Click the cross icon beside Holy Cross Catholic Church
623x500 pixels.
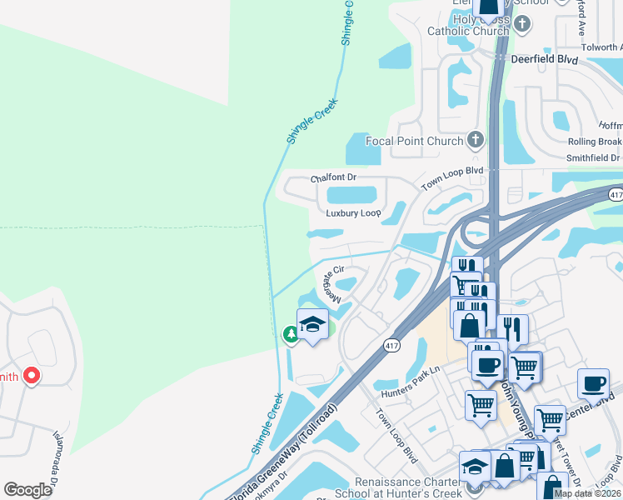pyautogui.click(x=522, y=23)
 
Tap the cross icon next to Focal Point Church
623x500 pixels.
pyautogui.click(x=476, y=140)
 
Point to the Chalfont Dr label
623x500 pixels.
pyautogui.click(x=333, y=178)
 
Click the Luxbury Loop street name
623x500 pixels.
pyautogui.click(x=353, y=213)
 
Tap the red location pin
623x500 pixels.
pyautogui.click(x=32, y=376)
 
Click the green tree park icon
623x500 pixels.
pyautogui.click(x=291, y=335)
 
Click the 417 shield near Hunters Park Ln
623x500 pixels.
pyautogui.click(x=391, y=345)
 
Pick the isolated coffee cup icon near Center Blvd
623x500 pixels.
pyautogui.click(x=593, y=384)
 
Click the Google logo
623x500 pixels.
pyautogui.click(x=27, y=490)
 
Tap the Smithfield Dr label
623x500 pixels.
pyautogui.click(x=594, y=157)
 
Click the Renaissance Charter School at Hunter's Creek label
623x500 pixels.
pyautogui.click(x=408, y=488)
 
